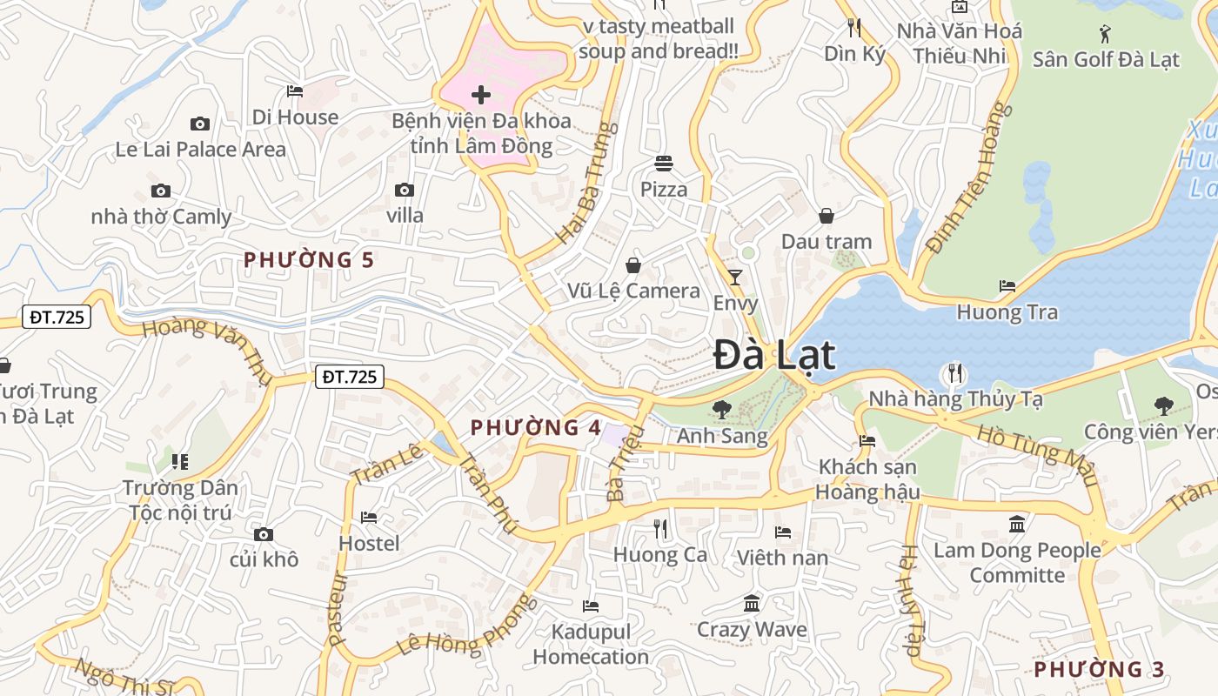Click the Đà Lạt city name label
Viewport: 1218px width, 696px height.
(774, 356)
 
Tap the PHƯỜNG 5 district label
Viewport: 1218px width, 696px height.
(309, 259)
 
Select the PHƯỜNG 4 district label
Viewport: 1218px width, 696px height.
(536, 427)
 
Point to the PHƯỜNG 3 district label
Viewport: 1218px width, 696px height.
(1099, 669)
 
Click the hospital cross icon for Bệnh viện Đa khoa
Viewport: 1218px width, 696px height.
(480, 94)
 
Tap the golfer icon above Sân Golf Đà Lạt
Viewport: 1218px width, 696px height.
(1105, 34)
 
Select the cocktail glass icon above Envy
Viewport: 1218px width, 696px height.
(735, 278)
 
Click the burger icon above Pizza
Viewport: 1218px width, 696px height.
(664, 164)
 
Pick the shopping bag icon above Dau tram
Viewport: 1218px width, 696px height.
(826, 215)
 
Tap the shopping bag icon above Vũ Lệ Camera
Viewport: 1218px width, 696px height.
(633, 264)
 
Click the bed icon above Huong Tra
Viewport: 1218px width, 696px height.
(1007, 285)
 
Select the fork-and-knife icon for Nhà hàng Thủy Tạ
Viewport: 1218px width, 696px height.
(955, 374)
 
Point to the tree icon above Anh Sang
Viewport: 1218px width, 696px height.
(721, 409)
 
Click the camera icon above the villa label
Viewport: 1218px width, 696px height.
(404, 190)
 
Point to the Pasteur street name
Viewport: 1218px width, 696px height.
(338, 608)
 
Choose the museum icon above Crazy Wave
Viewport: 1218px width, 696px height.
(752, 603)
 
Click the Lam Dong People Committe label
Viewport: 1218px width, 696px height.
(1017, 563)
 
